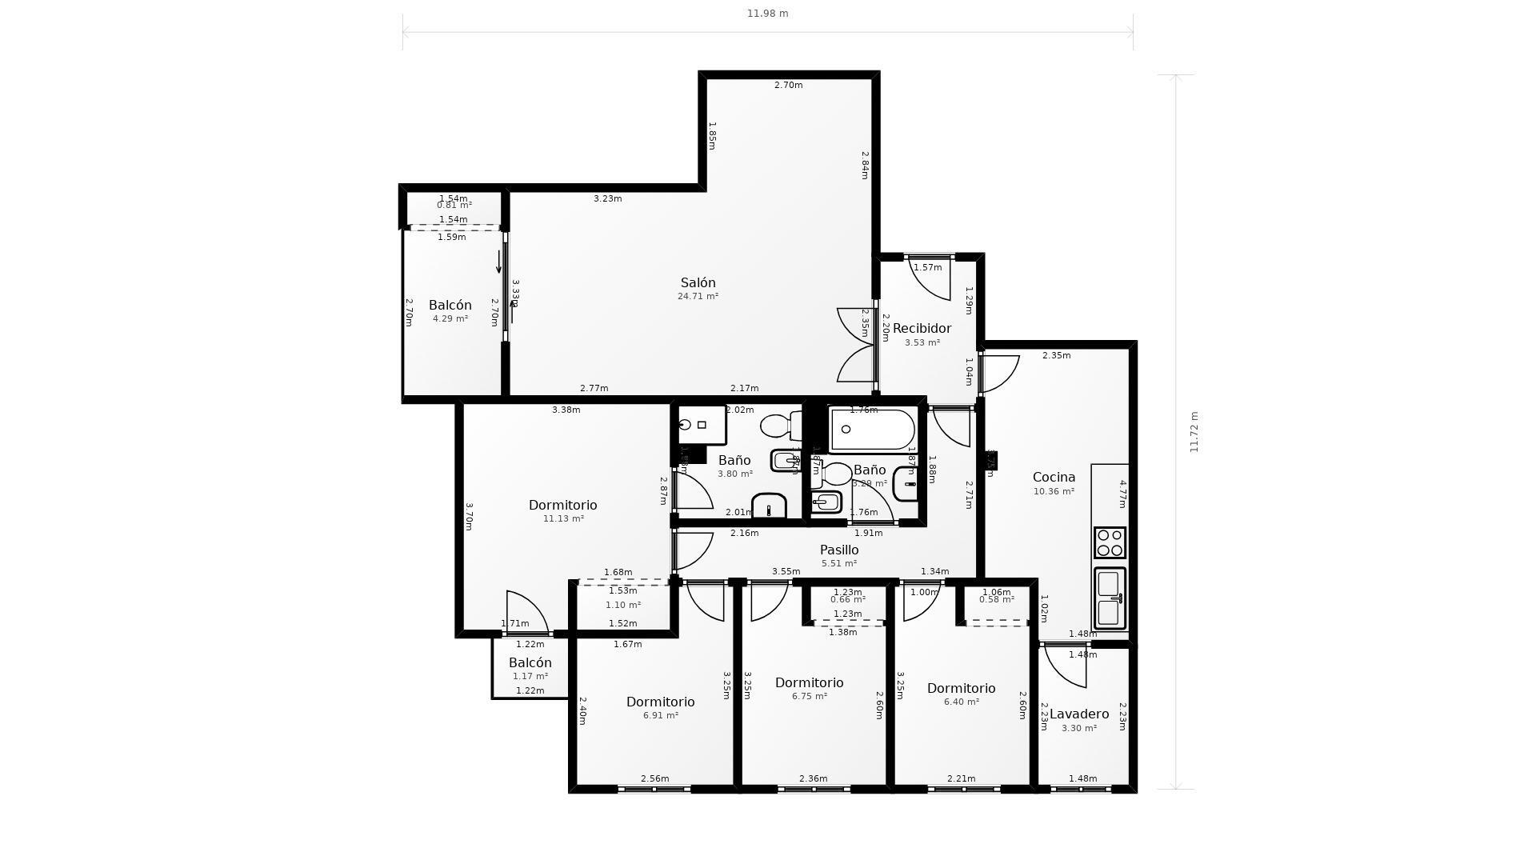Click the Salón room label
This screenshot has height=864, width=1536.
pyautogui.click(x=698, y=282)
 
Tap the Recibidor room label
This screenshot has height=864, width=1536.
pyautogui.click(x=922, y=328)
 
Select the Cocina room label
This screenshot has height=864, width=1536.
pyautogui.click(x=1054, y=477)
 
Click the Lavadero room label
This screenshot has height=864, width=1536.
pyautogui.click(x=1078, y=714)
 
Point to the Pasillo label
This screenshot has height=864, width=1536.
pyautogui.click(x=839, y=550)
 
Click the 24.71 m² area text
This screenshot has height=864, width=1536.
pyautogui.click(x=698, y=296)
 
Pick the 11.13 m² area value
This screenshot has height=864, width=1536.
pyautogui.click(x=563, y=518)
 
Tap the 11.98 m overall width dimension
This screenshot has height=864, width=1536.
pyautogui.click(x=767, y=14)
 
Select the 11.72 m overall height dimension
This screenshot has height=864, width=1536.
pyautogui.click(x=1194, y=432)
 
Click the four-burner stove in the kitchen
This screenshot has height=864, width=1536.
pyautogui.click(x=1110, y=542)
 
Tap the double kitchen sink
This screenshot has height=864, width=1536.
pyautogui.click(x=1110, y=598)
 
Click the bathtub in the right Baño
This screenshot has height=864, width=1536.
pyautogui.click(x=871, y=430)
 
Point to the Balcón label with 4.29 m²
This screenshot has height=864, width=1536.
pyautogui.click(x=450, y=305)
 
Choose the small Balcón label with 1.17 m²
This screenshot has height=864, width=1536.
pyautogui.click(x=530, y=662)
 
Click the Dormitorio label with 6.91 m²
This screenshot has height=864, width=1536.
pyautogui.click(x=660, y=702)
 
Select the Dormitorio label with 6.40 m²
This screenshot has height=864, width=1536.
pyautogui.click(x=961, y=688)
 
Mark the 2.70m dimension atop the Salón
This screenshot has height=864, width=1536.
pyautogui.click(x=788, y=85)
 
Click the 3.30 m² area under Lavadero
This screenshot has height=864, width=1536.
pyautogui.click(x=1078, y=728)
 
